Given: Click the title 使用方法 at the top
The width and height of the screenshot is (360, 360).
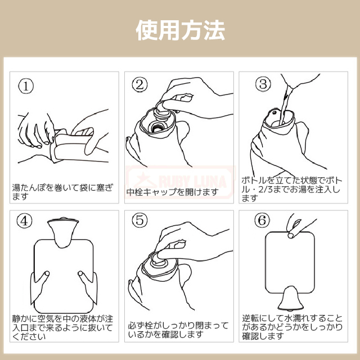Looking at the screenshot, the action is coord(180,30).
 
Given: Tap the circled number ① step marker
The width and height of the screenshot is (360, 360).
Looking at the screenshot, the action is coord(26,86).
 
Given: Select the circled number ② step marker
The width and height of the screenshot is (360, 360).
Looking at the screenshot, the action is coord(139,84).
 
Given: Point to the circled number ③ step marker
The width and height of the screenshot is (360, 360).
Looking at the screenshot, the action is coord(263,84).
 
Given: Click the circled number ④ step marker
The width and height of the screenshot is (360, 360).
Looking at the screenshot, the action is coord(24,220).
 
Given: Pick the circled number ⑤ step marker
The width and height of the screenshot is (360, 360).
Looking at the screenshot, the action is coord(139,220).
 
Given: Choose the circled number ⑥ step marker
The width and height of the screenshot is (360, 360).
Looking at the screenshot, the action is coord(262,220).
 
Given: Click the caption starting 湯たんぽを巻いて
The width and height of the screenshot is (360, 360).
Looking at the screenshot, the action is coord(62,192).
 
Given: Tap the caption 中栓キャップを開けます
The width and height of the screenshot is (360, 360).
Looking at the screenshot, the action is coord(173,192).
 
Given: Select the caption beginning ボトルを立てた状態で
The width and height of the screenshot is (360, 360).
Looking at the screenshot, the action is coord(291,189).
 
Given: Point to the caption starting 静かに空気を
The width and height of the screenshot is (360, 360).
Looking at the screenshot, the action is coord(62,327).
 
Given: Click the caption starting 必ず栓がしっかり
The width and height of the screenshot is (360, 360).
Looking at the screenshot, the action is coord(178,330).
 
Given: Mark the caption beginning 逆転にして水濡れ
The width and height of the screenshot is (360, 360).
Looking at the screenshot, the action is coord(292,327).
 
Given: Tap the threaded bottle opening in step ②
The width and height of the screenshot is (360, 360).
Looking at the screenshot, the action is coord(157,127).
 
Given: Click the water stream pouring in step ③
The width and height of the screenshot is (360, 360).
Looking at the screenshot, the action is coord(286,103).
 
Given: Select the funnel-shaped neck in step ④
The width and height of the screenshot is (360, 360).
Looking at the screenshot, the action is coord(62,232).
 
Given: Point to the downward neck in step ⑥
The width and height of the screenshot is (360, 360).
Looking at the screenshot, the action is coord(291,298).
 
